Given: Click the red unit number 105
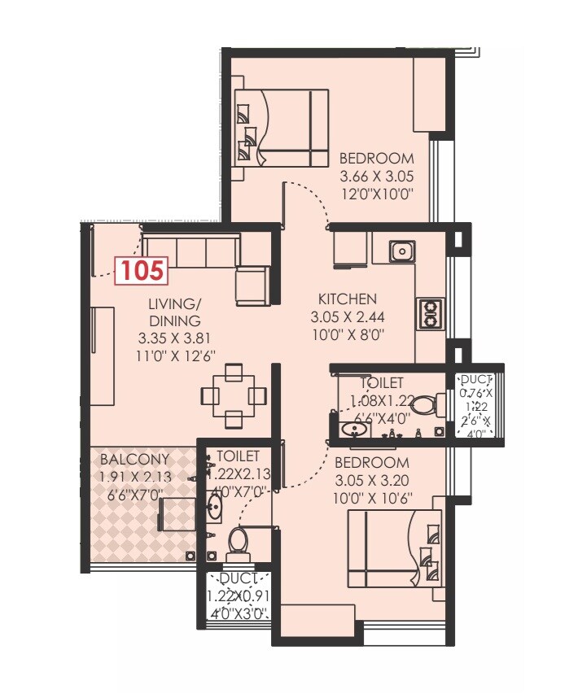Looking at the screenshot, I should (142, 269).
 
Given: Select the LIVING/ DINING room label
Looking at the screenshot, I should (174, 312).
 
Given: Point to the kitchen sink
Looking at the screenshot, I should (400, 251).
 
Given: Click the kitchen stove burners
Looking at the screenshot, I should (430, 313).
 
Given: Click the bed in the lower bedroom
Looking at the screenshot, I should (395, 547).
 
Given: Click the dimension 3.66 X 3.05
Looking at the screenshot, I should (376, 176).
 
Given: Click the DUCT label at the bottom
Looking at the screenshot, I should (238, 578).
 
